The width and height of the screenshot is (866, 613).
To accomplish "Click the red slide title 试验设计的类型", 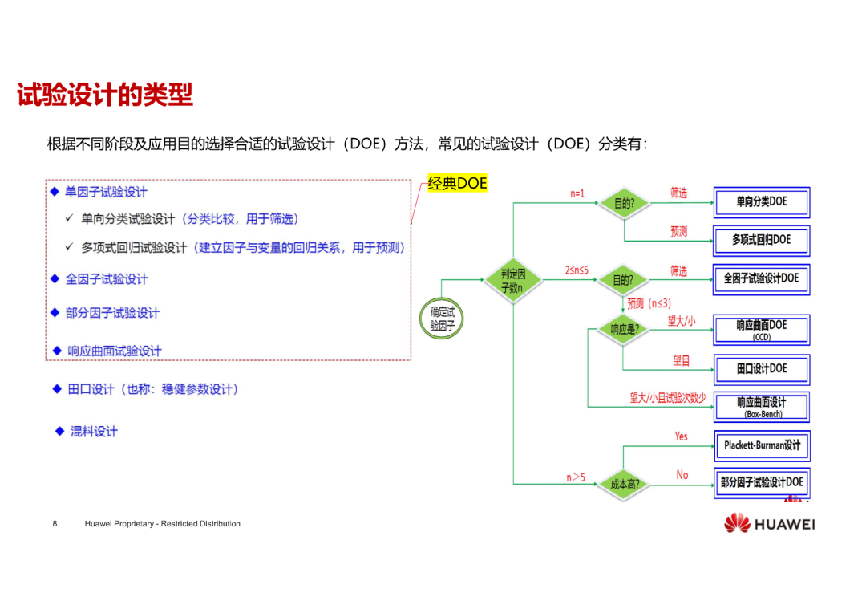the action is point(105,95).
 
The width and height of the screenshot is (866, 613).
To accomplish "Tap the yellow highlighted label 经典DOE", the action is point(457,183).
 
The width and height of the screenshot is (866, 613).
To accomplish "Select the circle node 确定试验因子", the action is point(442,319).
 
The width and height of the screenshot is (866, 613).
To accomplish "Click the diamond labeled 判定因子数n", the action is point(513,280).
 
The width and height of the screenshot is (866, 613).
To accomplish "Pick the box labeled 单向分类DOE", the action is point(762,202).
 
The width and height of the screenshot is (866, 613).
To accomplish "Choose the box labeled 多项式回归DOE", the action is point(762,241).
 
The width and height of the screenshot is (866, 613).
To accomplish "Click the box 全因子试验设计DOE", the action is point(762,279).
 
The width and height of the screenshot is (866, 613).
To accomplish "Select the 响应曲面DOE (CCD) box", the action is point(762,330).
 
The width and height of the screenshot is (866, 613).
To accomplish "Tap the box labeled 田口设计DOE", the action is point(762,369).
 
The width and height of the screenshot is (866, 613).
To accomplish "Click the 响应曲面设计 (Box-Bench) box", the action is point(763,407).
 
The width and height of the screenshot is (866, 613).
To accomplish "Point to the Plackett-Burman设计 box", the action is point(763,445).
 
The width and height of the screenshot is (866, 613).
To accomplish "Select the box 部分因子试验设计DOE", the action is point(763,483).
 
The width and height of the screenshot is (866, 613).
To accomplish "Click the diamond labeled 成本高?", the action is point(624,485).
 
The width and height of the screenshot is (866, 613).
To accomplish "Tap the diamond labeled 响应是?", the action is point(624,330).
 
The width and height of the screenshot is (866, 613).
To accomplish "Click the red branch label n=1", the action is point(577,193).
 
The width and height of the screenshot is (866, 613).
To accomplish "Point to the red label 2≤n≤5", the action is point(577,270).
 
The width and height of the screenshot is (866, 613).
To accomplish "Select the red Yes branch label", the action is point(681,436).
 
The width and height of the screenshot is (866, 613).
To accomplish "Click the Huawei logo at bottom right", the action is point(770,523).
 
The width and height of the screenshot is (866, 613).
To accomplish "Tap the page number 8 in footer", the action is point(55,523).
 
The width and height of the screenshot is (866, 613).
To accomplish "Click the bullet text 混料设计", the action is point(94,432).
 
